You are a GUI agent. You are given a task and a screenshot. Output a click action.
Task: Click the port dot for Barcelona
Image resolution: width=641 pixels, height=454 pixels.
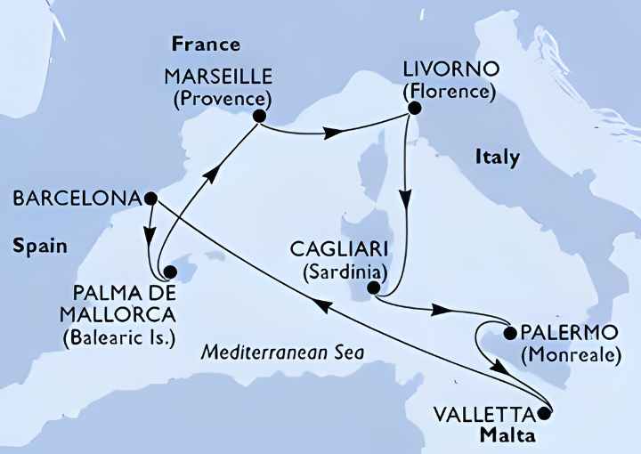coord(150,198)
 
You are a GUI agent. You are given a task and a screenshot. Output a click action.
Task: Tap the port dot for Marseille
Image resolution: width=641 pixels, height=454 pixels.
coord(259,116)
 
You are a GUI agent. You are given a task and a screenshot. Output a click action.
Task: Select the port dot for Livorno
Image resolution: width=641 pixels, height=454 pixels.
coord(413,109)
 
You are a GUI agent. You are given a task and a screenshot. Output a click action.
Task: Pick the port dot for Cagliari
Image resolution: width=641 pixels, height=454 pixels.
coord(376,288)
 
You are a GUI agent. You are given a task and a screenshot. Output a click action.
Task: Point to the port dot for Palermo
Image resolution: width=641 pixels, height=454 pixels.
coord(509,335)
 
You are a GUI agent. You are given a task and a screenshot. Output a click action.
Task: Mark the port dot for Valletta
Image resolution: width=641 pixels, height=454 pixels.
coord(545,414)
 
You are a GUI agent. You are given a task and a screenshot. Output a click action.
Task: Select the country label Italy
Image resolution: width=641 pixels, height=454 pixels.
coord(497,158)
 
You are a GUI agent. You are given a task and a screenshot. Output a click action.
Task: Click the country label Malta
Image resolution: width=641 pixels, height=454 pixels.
coord(508,435)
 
